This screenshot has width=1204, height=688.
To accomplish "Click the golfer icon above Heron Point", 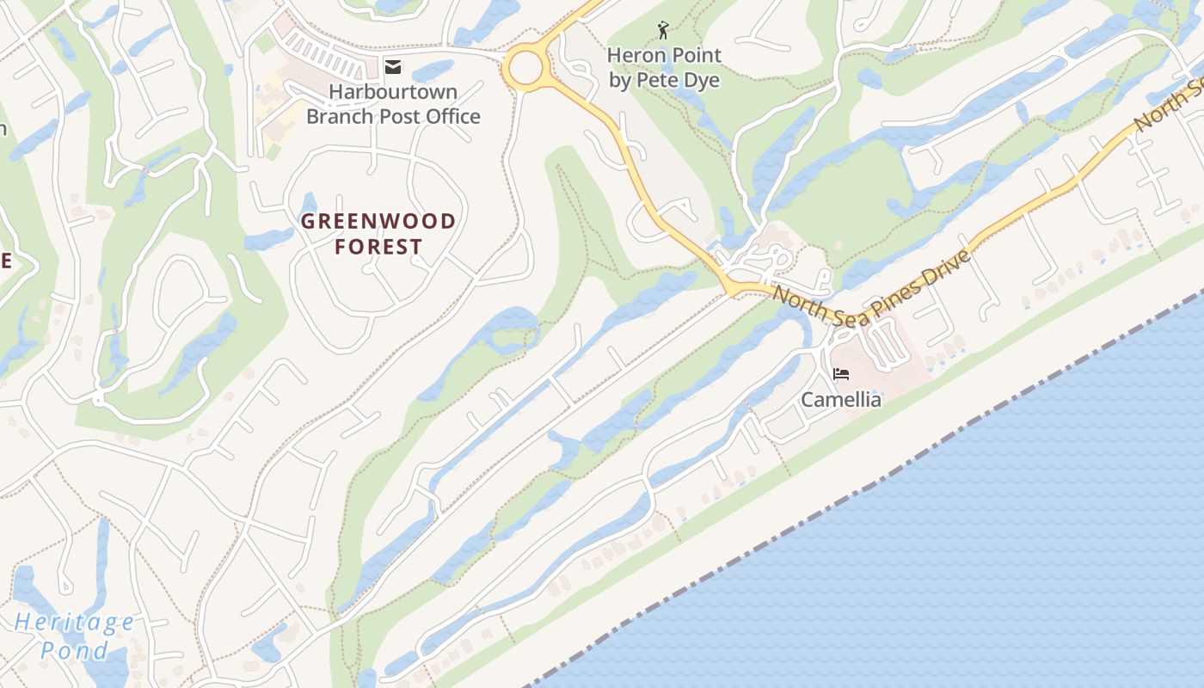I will coord(663,32).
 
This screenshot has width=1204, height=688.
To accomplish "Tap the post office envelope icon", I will coord(393,67).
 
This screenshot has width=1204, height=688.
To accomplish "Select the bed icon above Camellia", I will coord(841,374).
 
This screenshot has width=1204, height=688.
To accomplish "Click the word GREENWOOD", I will coord(378,221).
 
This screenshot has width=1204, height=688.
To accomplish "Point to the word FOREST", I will coord(378,248).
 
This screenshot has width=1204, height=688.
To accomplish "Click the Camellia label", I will coord(841,400).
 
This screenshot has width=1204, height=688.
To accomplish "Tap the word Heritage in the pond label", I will coord(75,623).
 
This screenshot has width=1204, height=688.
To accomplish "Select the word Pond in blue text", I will coord(75,650).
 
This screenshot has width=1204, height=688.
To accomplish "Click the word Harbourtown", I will coord(393,91).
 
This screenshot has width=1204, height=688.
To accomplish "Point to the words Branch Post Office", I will coord(393,116).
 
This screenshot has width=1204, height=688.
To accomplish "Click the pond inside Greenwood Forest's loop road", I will coord(309,205).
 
